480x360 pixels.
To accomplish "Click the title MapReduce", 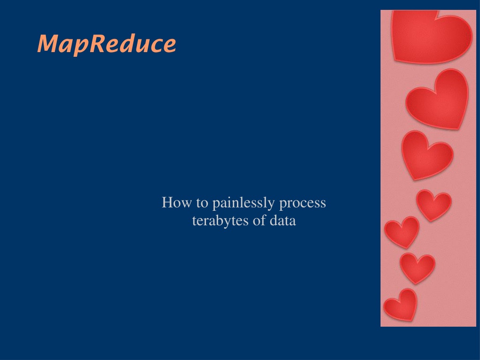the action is (107, 45).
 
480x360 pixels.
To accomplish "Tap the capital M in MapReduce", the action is (48, 44).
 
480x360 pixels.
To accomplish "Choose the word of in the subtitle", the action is (259, 221).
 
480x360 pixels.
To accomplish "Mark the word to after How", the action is (202, 203).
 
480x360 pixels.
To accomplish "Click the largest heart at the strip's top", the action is (432, 36).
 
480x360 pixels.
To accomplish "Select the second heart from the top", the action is (438, 100).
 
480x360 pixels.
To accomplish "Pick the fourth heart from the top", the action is (434, 205).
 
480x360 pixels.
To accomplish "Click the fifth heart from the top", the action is (402, 232).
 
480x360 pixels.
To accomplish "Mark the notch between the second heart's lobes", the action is (435, 92).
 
